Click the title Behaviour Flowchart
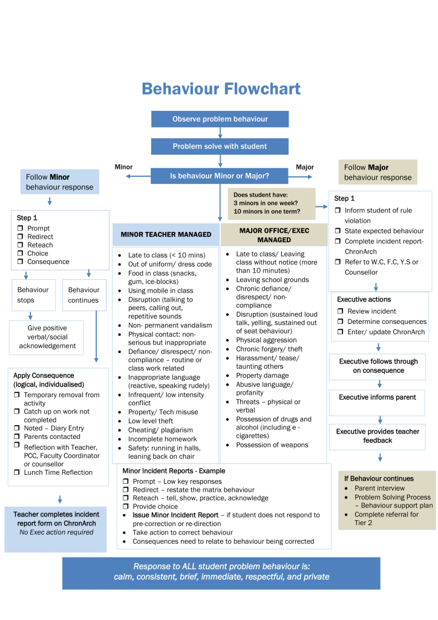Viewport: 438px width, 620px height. point(220,89)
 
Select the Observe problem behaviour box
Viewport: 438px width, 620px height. point(220,119)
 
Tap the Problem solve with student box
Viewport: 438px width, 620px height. point(220,147)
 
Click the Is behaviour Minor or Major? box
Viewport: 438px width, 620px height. point(220,176)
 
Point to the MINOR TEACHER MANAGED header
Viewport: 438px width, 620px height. point(166,234)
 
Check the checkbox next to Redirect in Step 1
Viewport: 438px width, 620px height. point(19,237)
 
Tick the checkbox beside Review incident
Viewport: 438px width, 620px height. point(340,311)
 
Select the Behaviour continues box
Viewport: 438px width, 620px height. point(84,295)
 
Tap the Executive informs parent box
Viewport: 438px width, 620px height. point(377,398)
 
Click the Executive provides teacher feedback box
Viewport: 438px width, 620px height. point(377,436)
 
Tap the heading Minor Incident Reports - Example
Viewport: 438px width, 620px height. point(173,470)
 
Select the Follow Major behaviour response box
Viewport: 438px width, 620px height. point(378,173)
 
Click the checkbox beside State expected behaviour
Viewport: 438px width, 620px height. point(339,231)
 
